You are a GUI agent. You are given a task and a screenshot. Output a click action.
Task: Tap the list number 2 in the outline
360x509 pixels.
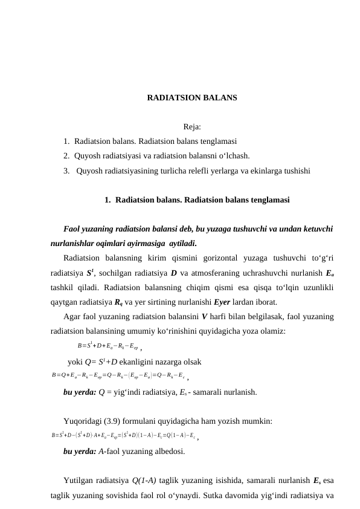[65, 156]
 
